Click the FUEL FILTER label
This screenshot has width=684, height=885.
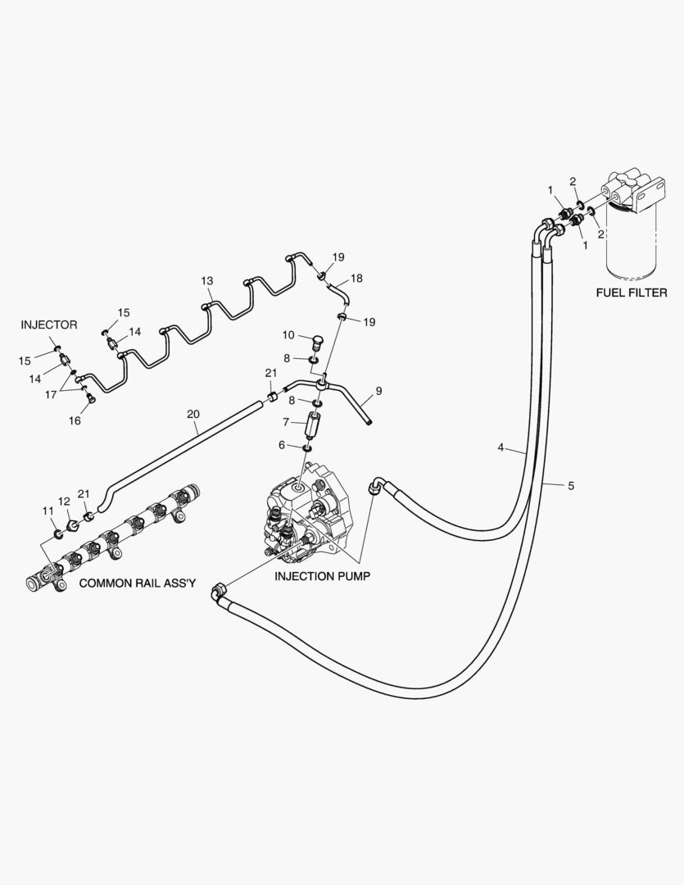[x=631, y=293]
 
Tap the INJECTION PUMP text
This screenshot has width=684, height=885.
[x=322, y=576]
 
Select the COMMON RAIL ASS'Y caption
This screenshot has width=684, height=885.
[x=138, y=583]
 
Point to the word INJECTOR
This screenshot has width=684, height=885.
[x=49, y=325]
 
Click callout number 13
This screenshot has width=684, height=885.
[x=207, y=281]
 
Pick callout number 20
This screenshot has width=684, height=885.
[x=193, y=415]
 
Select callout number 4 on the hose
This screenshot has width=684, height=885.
[x=501, y=447]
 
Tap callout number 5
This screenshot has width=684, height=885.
[x=571, y=486]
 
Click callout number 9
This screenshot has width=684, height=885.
[x=378, y=391]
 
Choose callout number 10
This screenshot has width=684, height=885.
[x=288, y=335]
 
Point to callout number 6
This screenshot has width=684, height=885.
[x=282, y=445]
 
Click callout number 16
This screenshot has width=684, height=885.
[x=75, y=420]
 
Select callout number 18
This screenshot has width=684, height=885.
[x=356, y=278]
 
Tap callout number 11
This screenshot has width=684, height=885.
[x=47, y=511]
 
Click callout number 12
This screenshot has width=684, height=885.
[x=64, y=501]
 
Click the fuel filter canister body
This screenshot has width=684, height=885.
[x=631, y=246]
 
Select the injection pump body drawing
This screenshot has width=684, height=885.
[x=310, y=512]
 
